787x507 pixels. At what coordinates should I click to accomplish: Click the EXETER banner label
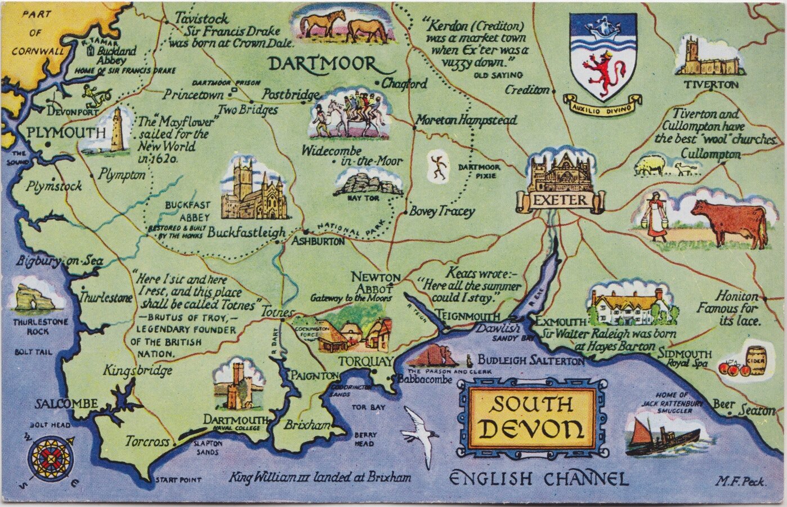click(x=560, y=200)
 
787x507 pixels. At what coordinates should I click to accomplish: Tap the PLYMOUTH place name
click(x=66, y=134)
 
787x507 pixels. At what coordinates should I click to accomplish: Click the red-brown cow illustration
click(x=729, y=221)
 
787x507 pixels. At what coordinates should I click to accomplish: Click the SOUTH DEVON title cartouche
click(x=532, y=416)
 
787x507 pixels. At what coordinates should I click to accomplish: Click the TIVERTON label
click(x=711, y=84)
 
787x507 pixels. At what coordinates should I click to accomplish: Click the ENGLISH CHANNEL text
click(x=539, y=479)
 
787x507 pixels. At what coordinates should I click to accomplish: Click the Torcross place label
click(x=147, y=442)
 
